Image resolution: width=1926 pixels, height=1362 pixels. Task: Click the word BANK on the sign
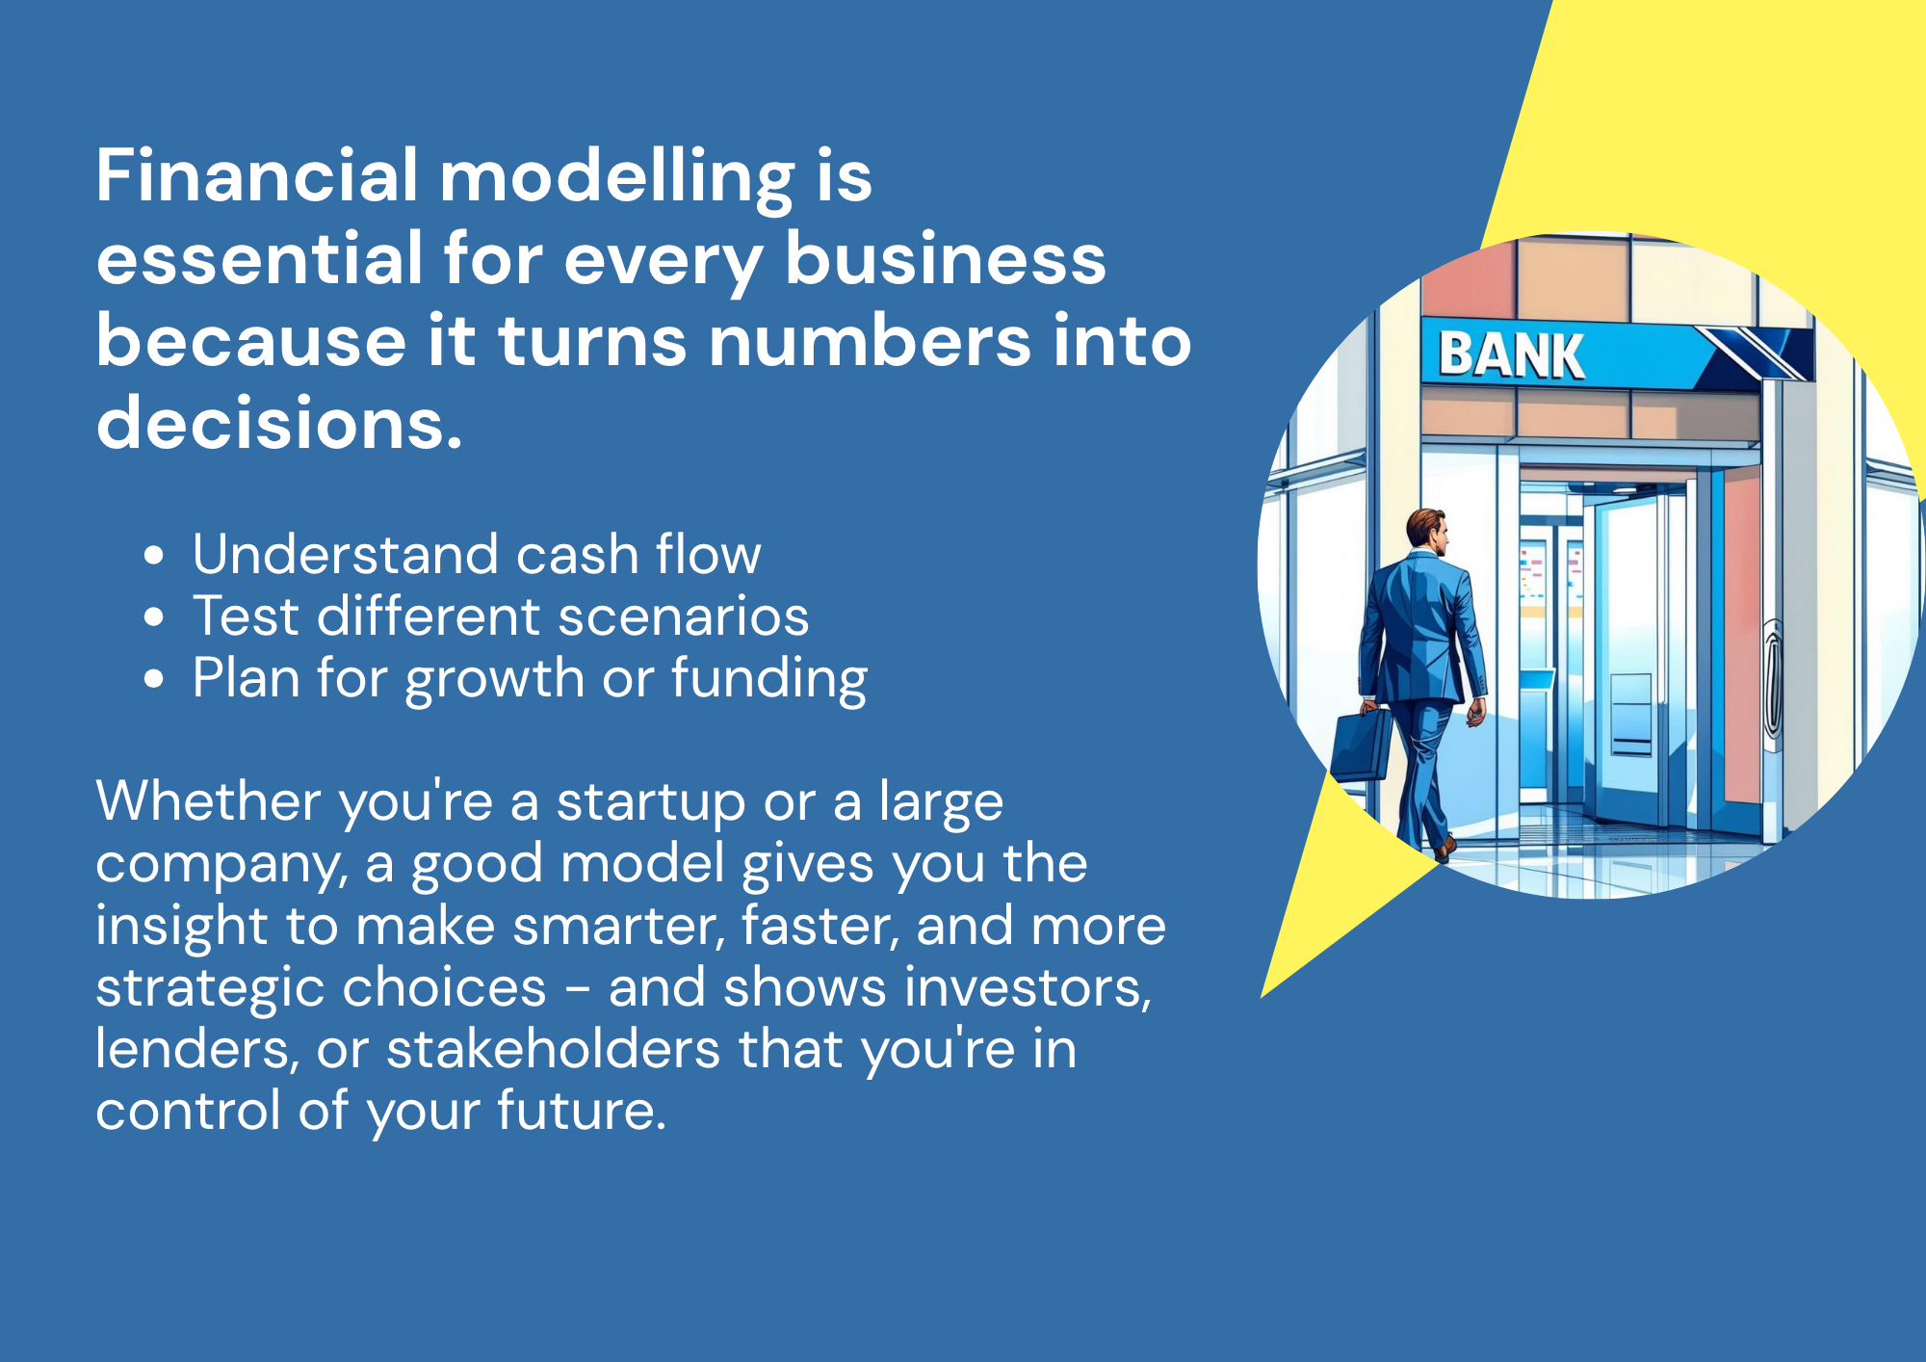tap(1511, 354)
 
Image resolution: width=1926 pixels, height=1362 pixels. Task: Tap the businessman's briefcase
tap(1362, 744)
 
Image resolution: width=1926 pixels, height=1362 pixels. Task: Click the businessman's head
tap(1427, 530)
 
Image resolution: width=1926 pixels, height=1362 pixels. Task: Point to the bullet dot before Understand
tap(154, 556)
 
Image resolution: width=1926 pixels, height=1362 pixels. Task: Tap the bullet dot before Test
tap(154, 617)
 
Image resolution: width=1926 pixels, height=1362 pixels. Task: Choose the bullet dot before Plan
tap(154, 679)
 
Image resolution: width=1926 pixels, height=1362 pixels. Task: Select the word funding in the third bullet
tap(769, 679)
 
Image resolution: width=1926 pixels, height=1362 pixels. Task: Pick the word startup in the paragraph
tap(651, 802)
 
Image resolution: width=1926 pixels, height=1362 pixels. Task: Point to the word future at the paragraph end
tap(582, 1111)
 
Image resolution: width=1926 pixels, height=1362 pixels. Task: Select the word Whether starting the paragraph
tap(208, 801)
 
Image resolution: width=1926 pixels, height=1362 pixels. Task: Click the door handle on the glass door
tap(1773, 679)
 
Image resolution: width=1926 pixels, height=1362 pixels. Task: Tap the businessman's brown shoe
tap(1444, 847)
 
